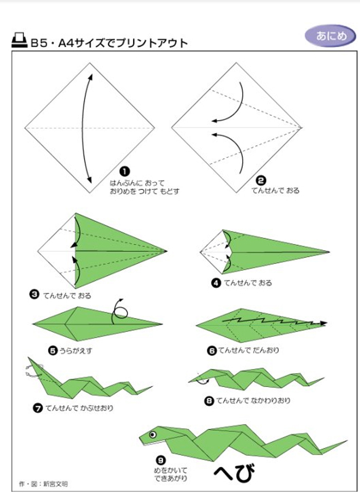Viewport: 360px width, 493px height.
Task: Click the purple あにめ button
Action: coord(331,36)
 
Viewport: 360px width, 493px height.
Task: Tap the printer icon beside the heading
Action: coord(20,40)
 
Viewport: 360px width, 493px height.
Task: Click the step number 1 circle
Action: coord(124,172)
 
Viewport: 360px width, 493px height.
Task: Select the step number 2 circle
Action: coord(261,181)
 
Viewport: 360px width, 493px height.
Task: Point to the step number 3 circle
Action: coord(34,295)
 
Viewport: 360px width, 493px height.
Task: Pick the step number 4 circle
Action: coord(216,283)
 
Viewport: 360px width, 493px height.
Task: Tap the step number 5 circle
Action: coord(53,350)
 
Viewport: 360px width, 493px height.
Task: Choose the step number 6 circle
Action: coord(212,350)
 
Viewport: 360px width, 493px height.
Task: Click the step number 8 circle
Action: coord(209,401)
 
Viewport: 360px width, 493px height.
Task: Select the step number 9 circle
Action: coord(161,461)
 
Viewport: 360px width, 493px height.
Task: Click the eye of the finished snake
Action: coord(153,434)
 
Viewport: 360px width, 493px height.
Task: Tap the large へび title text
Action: coord(235,473)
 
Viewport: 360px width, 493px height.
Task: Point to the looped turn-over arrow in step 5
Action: coord(120,311)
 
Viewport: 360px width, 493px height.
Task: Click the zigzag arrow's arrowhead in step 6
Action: coord(323,323)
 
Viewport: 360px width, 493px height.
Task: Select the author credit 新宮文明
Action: coord(56,484)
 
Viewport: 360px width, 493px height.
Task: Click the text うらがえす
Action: coord(76,350)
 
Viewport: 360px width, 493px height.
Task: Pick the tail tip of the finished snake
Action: coord(347,441)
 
